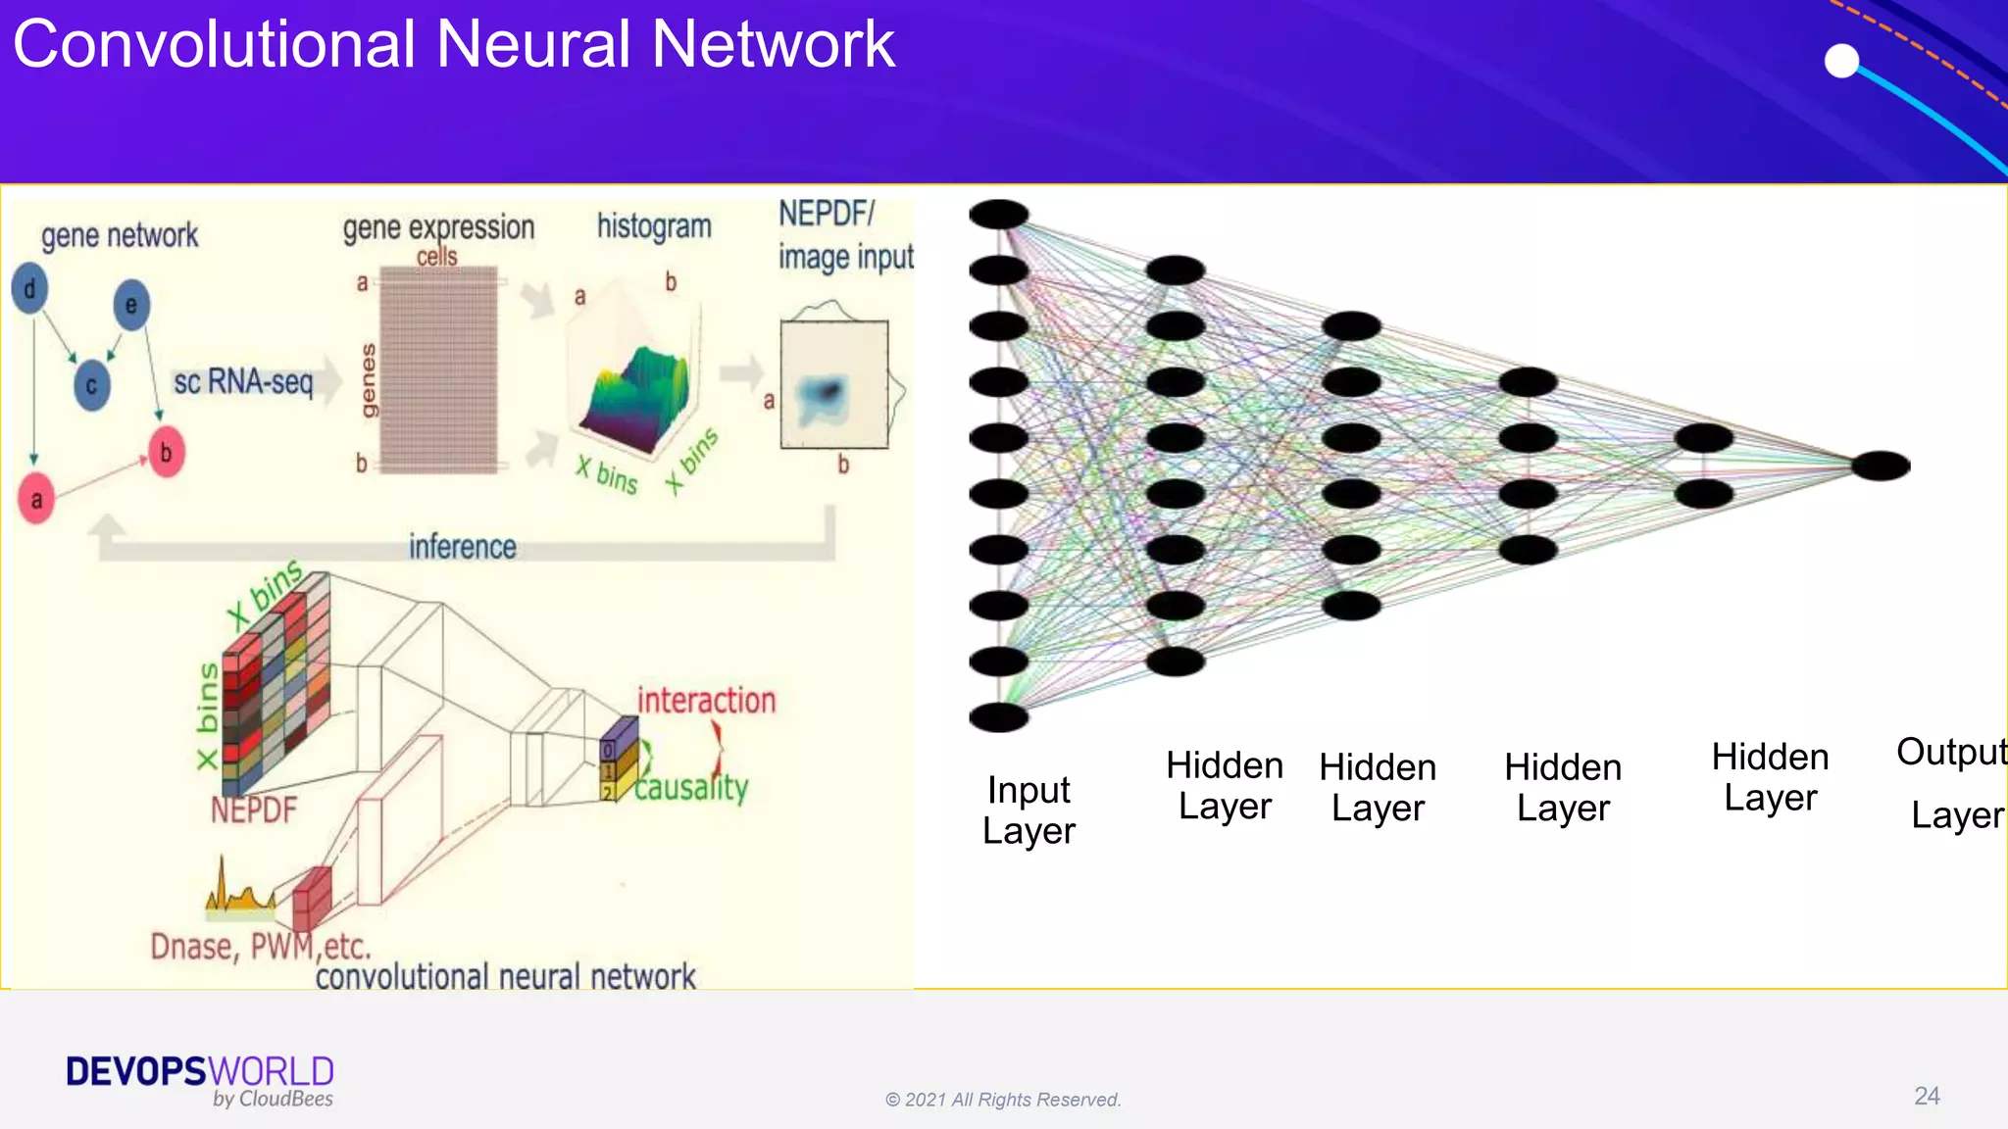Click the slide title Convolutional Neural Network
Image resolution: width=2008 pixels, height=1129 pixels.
click(x=453, y=45)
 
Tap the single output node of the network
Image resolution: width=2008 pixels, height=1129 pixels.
click(x=1881, y=466)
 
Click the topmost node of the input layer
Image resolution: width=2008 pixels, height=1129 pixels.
click(x=998, y=214)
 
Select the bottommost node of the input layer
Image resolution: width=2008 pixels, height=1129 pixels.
click(x=998, y=717)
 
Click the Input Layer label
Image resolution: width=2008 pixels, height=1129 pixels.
click(x=1029, y=810)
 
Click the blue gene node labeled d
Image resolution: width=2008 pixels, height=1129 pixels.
click(x=29, y=288)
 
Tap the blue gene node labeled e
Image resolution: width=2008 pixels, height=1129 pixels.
click(x=131, y=305)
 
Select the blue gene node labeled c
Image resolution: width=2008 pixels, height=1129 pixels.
click(x=91, y=385)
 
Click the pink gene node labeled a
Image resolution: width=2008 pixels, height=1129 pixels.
click(x=36, y=499)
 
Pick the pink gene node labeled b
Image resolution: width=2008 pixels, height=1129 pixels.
click(x=166, y=452)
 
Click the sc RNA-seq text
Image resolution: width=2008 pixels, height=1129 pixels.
click(x=243, y=381)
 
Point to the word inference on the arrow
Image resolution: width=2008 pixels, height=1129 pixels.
click(x=462, y=547)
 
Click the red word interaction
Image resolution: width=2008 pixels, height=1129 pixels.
click(x=706, y=700)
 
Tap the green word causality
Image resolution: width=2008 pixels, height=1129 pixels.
click(x=691, y=787)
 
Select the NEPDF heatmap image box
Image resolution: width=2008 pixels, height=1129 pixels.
click(x=833, y=385)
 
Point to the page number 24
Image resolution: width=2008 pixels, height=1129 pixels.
click(x=1927, y=1096)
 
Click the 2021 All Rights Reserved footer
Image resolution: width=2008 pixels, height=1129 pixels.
click(x=1003, y=1100)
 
